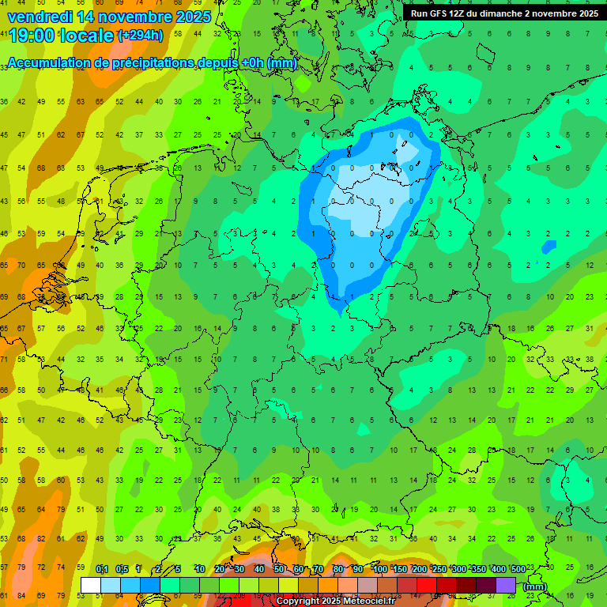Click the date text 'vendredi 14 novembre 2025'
tap(109, 16)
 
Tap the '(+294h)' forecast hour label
tap(141, 36)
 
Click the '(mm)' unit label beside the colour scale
tap(535, 586)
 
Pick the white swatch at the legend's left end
tap(91, 586)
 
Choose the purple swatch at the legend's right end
tap(506, 586)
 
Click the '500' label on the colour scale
tap(518, 569)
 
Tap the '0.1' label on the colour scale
tap(102, 569)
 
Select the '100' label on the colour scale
tap(379, 569)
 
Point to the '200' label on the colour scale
tap(419, 569)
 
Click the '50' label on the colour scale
tap(279, 569)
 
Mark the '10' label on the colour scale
tap(200, 569)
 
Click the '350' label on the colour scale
tap(478, 569)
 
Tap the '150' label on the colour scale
tap(399, 569)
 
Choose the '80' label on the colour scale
tap(338, 569)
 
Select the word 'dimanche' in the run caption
tap(499, 13)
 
